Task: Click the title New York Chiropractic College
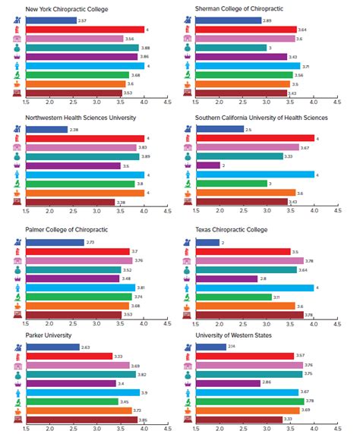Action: click(66, 10)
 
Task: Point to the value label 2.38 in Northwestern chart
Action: click(74, 129)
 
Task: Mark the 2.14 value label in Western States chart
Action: click(232, 347)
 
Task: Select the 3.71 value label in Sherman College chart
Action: click(306, 66)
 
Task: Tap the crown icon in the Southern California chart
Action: click(188, 165)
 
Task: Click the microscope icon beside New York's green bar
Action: click(17, 75)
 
